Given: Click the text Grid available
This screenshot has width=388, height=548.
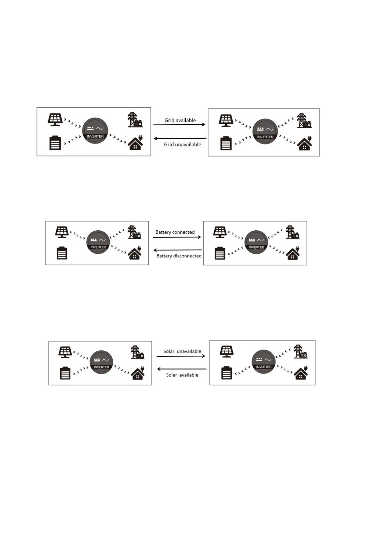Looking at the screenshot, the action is (180, 120).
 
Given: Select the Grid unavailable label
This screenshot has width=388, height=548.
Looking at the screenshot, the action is (182, 144).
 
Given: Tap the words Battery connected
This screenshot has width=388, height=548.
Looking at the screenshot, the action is (175, 232).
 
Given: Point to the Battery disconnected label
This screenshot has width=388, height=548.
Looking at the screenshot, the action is (179, 256).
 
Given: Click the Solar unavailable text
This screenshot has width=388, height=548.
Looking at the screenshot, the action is (182, 351).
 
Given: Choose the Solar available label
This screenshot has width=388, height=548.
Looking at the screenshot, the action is (182, 375).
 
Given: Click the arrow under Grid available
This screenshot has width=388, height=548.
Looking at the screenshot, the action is (179, 125).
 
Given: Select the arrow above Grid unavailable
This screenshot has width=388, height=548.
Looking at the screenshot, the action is (180, 139).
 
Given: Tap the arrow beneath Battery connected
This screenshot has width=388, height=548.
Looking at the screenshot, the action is (177, 237).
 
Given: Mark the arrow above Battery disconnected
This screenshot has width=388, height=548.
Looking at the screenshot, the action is (178, 250).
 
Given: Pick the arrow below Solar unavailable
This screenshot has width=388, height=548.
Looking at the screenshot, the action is (181, 356).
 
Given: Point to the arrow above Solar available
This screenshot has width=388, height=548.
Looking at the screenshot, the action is (181, 369).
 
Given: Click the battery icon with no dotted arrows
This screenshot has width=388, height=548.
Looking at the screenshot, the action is (62, 253).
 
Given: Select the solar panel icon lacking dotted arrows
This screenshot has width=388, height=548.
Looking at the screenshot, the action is (226, 351).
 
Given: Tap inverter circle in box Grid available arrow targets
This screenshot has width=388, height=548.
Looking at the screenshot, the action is (265, 131).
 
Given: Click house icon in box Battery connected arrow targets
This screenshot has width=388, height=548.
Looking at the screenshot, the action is (293, 253).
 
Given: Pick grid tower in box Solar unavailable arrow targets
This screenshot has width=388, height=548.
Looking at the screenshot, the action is (300, 352).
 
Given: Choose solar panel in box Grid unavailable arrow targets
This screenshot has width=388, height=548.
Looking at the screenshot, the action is (55, 119).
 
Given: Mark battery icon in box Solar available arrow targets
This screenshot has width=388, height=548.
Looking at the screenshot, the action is (65, 373).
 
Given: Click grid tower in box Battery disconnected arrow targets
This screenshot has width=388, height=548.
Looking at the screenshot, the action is (134, 232).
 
